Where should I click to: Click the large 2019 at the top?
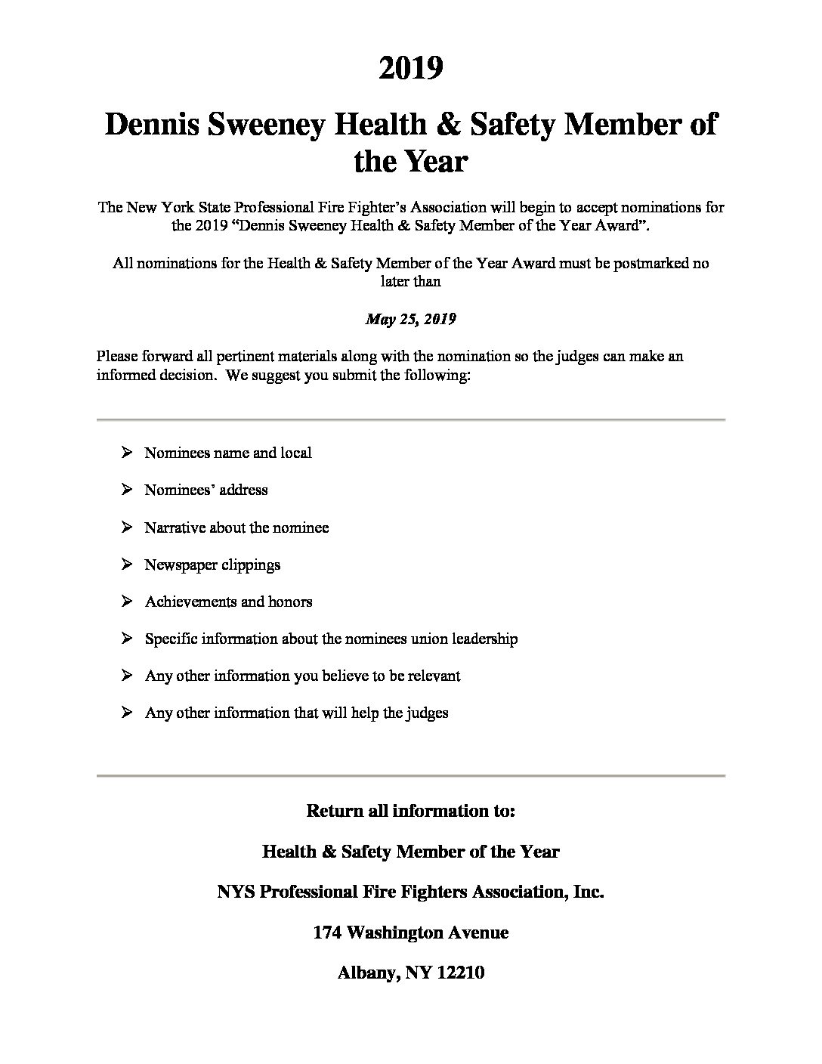point(410,69)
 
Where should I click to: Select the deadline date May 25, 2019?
point(410,319)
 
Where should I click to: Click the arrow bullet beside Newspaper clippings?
point(126,564)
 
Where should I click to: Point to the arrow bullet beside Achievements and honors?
point(126,602)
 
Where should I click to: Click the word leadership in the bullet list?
point(484,639)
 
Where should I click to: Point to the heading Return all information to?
point(410,811)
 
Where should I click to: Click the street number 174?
point(327,933)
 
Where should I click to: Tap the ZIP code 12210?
point(459,973)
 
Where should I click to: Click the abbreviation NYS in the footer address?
point(235,892)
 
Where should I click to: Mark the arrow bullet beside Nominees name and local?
point(126,453)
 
